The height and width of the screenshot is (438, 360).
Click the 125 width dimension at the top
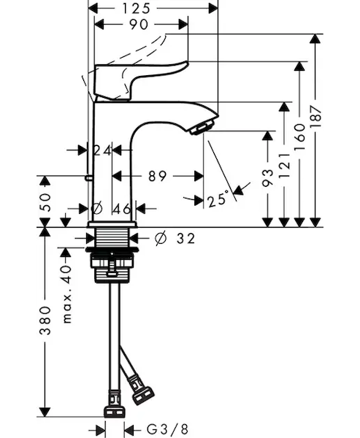pos(137,8)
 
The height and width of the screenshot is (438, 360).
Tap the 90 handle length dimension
pos(139,25)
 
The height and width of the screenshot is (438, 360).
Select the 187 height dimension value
pos(316,117)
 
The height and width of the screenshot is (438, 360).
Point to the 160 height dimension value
pos(299,137)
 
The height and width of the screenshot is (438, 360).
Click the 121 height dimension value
pos(284,166)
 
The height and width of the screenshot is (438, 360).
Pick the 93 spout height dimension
pos(268,178)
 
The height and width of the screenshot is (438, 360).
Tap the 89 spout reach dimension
pos(157,176)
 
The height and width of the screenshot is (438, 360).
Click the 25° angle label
pos(218,199)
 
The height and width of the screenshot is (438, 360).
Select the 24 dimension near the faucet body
pos(102,150)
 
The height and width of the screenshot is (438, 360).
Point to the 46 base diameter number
pos(122,209)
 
